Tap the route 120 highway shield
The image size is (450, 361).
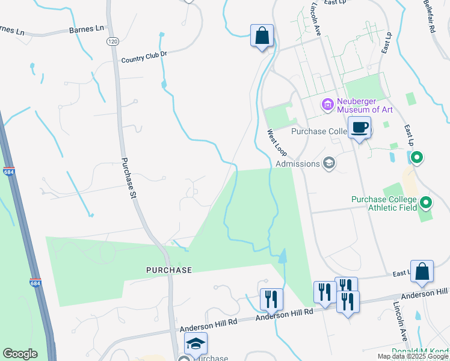(x=112, y=41)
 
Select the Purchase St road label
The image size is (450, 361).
(x=129, y=178)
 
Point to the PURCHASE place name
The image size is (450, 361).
(x=169, y=270)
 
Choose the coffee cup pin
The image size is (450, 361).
(x=359, y=128)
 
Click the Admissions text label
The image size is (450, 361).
(x=297, y=164)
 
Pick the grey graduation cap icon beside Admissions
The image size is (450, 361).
(x=329, y=162)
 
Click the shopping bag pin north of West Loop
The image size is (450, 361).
(x=262, y=36)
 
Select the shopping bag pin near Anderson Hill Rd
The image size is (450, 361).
(x=422, y=272)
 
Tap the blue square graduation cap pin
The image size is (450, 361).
(x=196, y=344)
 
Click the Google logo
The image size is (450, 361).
(x=20, y=354)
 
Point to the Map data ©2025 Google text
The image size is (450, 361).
(x=413, y=356)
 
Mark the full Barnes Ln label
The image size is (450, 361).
(x=87, y=28)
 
